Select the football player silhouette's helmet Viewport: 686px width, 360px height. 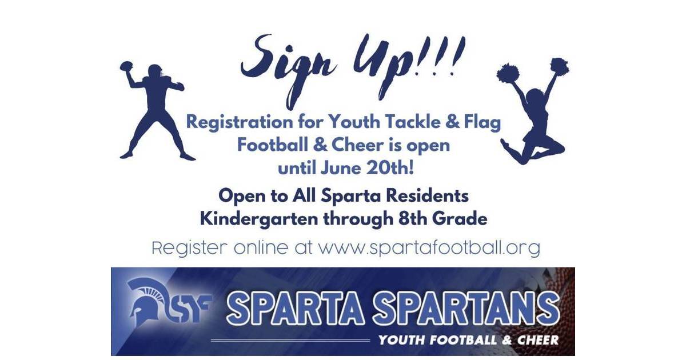(x=155, y=73)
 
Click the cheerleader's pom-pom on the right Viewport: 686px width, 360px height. (x=559, y=65)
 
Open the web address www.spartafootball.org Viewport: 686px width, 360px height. (x=429, y=249)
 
